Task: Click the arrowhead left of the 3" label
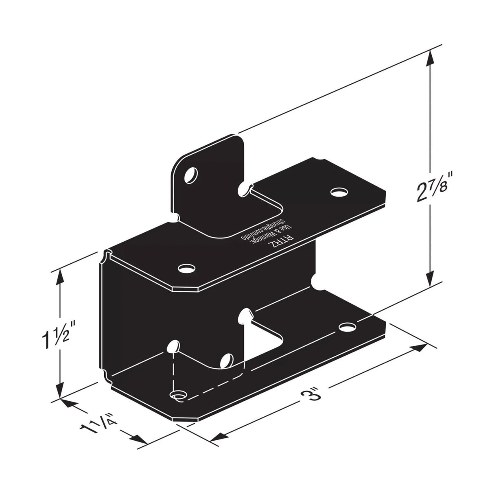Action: point(213,437)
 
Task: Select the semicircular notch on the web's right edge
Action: point(315,281)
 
